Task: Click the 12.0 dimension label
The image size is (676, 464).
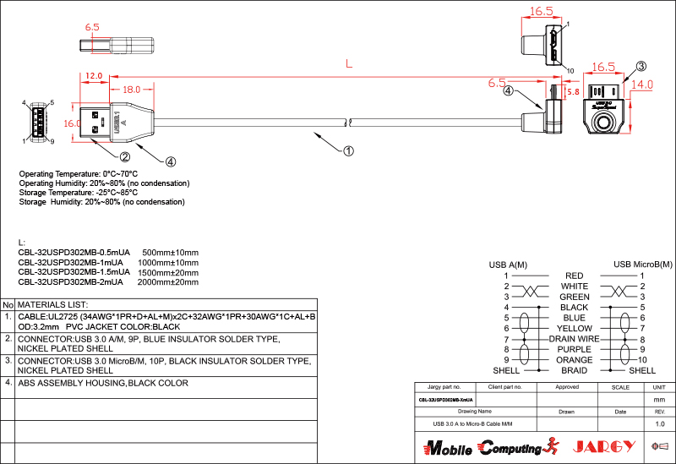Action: click(93, 76)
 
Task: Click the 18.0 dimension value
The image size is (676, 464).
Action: click(131, 89)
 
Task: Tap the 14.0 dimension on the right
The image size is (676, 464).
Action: click(642, 85)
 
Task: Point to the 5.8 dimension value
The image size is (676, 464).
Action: click(572, 91)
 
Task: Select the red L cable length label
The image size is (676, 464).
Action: click(348, 63)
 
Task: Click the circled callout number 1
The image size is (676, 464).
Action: click(348, 151)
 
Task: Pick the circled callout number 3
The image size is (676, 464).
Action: click(641, 66)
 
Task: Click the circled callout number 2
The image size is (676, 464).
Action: click(124, 156)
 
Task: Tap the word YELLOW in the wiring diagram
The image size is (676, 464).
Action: click(575, 328)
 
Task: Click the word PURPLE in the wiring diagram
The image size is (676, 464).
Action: click(575, 349)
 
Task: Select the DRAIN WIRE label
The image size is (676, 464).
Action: click(574, 339)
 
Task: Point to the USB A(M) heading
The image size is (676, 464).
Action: click(508, 265)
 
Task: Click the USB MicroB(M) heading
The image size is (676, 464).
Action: click(643, 265)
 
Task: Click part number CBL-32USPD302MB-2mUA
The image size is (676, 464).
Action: click(74, 282)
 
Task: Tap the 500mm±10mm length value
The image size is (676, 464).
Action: click(170, 253)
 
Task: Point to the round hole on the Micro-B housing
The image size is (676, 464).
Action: click(605, 123)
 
